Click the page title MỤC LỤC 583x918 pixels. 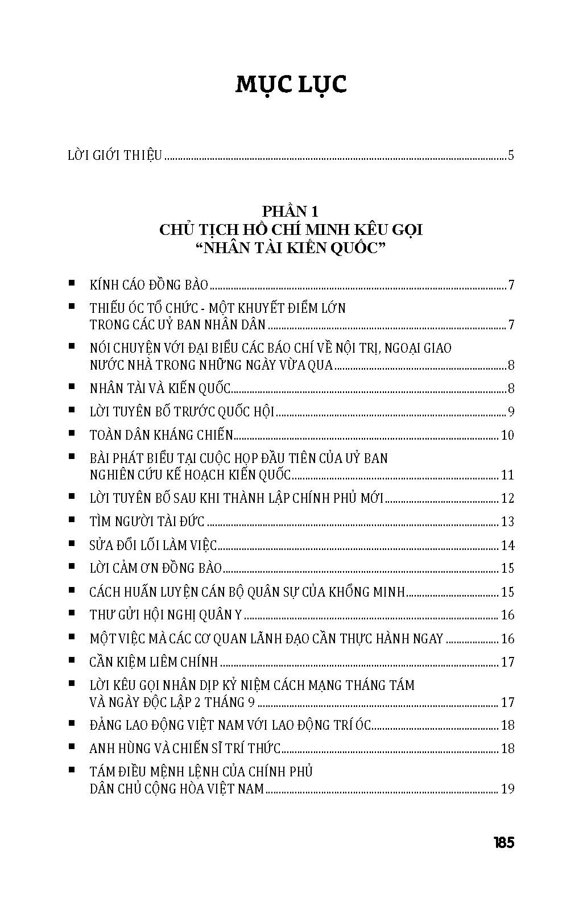coord(291,84)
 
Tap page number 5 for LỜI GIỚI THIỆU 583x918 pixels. coord(511,155)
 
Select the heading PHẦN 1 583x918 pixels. coord(291,212)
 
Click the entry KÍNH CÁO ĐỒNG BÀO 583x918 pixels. coord(149,284)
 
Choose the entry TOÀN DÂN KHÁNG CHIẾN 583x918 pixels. coord(162,435)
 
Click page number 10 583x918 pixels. coord(507,436)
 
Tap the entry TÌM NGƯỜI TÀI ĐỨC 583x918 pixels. coord(147,521)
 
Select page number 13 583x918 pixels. coord(507,522)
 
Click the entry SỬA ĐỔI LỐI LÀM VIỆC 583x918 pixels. coord(153,545)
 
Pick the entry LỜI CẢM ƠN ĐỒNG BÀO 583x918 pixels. coord(155,568)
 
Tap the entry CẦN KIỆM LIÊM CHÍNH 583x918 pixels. coord(154,662)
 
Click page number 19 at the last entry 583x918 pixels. coord(507,789)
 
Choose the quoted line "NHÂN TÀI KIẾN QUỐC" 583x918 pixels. coord(291,249)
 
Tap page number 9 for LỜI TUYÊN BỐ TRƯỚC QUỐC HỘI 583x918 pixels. coord(511,412)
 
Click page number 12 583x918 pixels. coord(507,499)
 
